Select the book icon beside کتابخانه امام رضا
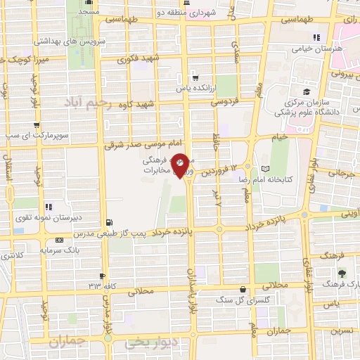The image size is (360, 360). tap(264, 169)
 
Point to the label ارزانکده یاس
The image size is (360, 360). tap(195, 89)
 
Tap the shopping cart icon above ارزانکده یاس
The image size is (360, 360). tap(195, 78)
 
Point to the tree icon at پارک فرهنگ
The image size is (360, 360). tap(342, 274)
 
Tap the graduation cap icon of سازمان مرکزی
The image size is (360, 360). tap(307, 91)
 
